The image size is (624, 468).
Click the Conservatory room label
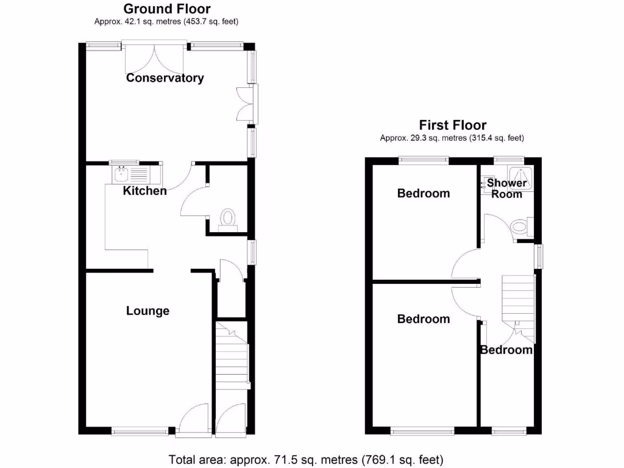point(165,78)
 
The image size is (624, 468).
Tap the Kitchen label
point(145,191)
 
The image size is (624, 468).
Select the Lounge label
point(147,311)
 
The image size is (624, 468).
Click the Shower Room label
point(506,188)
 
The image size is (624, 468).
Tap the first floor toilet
point(520,227)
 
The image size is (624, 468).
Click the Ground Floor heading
point(167,9)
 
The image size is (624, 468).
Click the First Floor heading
point(452,126)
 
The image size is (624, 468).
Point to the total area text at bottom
point(305,459)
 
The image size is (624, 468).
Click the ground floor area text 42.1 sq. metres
point(166,22)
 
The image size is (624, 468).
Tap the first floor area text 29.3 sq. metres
point(452,138)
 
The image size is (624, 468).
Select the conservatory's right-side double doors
point(247,102)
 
